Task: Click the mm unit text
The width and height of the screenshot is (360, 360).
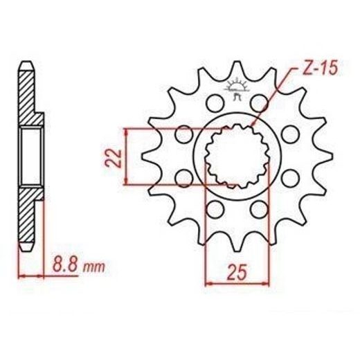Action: point(94,267)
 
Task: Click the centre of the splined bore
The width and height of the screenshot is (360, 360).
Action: point(237,156)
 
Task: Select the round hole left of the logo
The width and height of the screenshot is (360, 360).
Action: point(215,102)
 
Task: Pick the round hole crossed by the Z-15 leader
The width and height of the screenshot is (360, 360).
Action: point(260,102)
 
